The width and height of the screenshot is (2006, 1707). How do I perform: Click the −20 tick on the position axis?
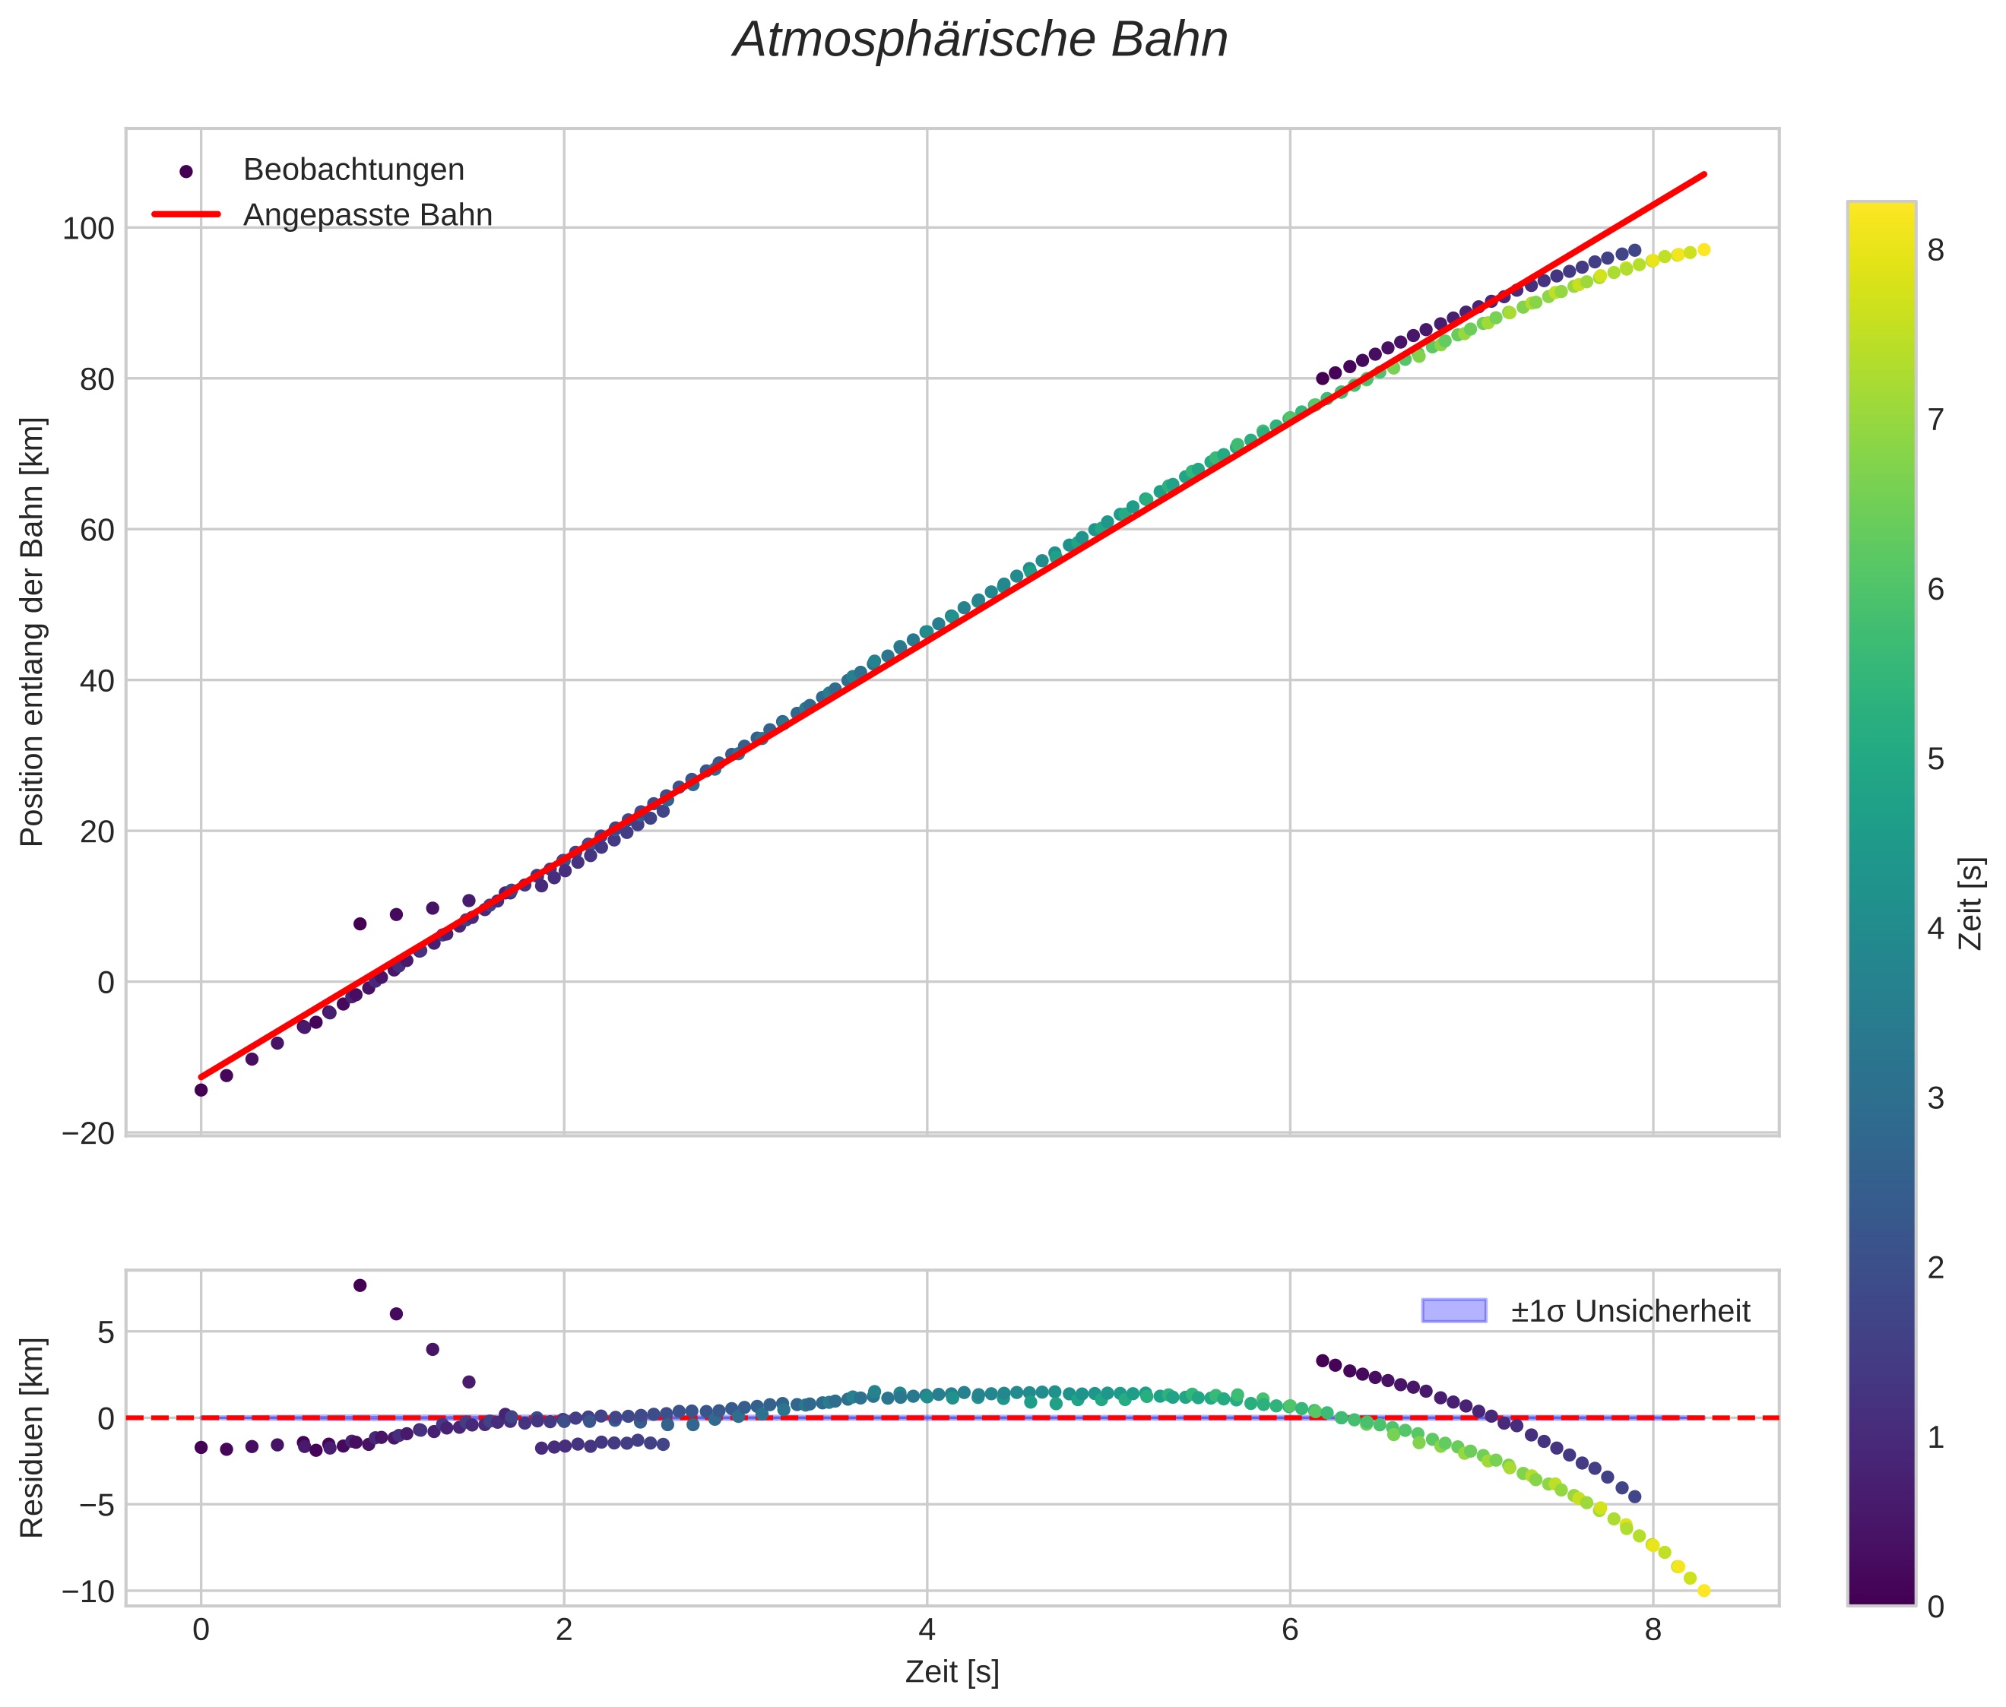[88, 1133]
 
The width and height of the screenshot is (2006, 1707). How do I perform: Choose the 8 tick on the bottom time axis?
[1653, 1630]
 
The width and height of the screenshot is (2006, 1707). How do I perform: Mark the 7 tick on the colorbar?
[1935, 420]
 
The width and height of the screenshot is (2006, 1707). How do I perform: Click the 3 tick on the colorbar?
[1935, 1098]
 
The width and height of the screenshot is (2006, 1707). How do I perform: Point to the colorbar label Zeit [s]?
[1971, 904]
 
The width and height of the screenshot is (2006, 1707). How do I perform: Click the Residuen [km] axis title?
[32, 1437]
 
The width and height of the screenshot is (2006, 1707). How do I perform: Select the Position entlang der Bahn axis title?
[32, 632]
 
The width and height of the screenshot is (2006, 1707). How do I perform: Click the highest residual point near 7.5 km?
[360, 1285]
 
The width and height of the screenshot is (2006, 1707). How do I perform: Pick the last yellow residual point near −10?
[1704, 1590]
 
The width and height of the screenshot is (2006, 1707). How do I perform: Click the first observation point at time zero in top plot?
[201, 1090]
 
